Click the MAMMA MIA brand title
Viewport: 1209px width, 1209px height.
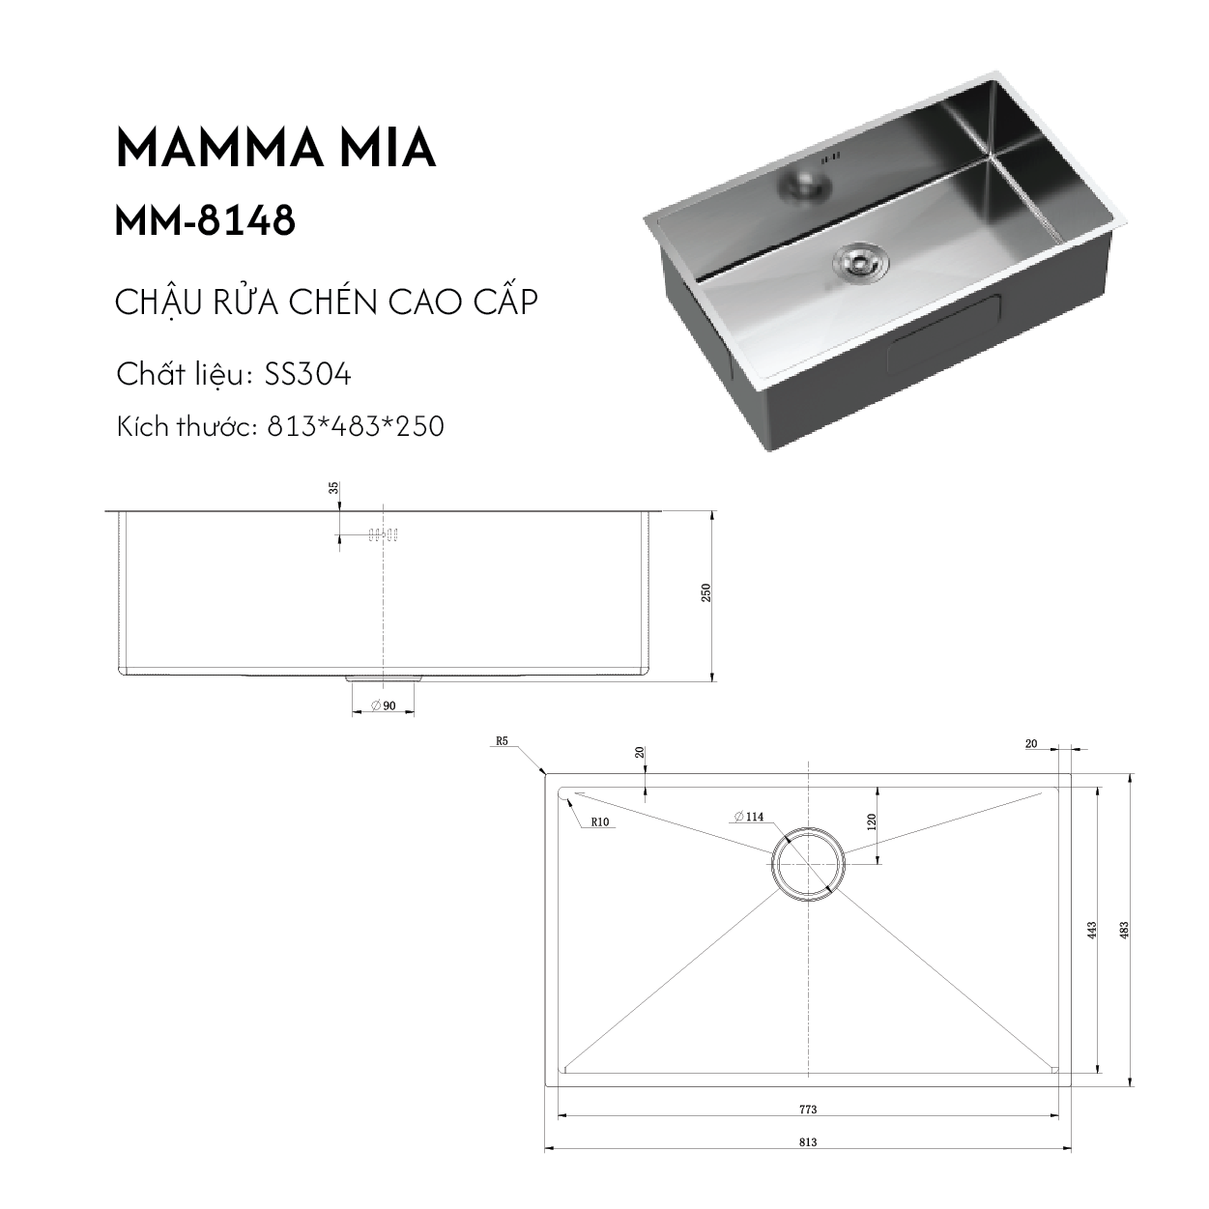[x=276, y=148]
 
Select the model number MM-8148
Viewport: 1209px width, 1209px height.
[x=205, y=220]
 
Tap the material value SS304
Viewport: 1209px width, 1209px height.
[x=307, y=375]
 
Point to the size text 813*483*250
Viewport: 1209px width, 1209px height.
[x=356, y=426]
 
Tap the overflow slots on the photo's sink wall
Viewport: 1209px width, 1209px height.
[x=830, y=158]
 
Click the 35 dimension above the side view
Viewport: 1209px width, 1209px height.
[x=333, y=487]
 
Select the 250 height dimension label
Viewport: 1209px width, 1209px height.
[x=705, y=592]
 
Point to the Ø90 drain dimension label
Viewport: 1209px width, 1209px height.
[x=384, y=705]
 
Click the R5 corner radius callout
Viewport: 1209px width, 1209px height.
[x=502, y=741]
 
